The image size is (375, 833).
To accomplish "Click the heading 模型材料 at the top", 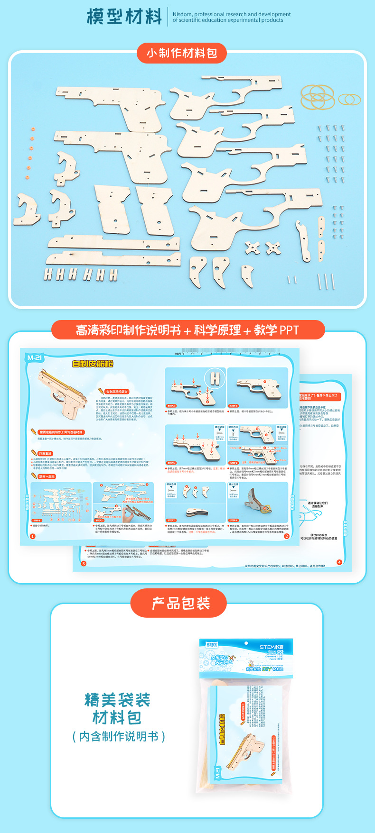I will point(124,17).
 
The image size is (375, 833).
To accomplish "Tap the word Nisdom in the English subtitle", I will point(182,15).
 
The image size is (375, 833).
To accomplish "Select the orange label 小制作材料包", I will point(182,53).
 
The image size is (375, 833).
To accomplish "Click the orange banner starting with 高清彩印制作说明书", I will point(187,330).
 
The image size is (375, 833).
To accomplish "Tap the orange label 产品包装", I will point(181,604).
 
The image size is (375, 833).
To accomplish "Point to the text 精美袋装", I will point(117,700).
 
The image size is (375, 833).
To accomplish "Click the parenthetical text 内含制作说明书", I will point(119,736).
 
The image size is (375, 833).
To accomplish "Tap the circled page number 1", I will point(33,536).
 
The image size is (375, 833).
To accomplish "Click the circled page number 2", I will point(286,536).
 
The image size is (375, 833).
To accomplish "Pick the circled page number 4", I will point(339,562).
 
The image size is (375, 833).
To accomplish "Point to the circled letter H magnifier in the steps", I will point(216,378).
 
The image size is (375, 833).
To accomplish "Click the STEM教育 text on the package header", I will point(272,647).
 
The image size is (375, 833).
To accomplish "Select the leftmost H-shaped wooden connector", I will point(48,274).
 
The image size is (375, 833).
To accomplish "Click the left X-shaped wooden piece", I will point(252,247).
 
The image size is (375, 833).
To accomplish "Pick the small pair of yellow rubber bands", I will point(349,100).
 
